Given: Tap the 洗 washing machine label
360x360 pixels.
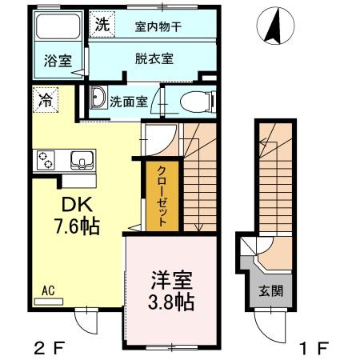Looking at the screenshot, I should click(100, 23).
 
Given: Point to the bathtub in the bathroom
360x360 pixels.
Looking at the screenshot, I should click(59, 31).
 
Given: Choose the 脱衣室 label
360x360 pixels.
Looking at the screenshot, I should click(155, 58).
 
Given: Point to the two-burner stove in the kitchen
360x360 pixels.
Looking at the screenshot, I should click(44, 159).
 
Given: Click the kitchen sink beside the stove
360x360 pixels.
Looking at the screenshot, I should click(81, 160).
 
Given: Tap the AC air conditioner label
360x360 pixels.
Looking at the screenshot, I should click(50, 294).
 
